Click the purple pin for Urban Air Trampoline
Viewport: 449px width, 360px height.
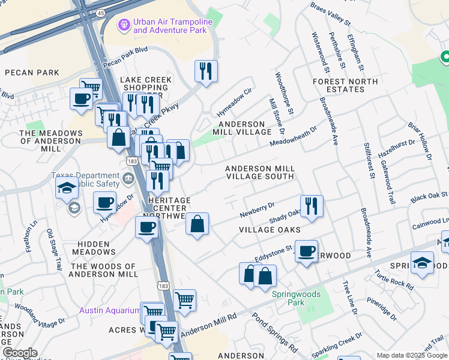pyautogui.click(x=124, y=25)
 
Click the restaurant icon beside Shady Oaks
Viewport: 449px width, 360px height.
pyautogui.click(x=312, y=206)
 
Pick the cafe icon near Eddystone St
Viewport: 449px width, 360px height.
pyautogui.click(x=306, y=251)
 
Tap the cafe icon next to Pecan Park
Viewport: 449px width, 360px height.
pyautogui.click(x=81, y=99)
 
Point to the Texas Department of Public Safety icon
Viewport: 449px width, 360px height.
pyautogui.click(x=128, y=178)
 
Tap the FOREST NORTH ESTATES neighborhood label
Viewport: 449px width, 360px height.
pyautogui.click(x=346, y=85)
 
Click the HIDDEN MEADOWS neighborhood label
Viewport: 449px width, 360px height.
pyautogui.click(x=94, y=248)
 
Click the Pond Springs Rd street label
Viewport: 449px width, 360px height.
pyautogui.click(x=275, y=332)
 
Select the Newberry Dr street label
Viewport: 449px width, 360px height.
pyautogui.click(x=257, y=208)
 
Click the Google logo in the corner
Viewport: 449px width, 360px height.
pyautogui.click(x=20, y=353)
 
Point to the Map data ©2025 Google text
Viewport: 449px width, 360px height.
pyautogui.click(x=412, y=355)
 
